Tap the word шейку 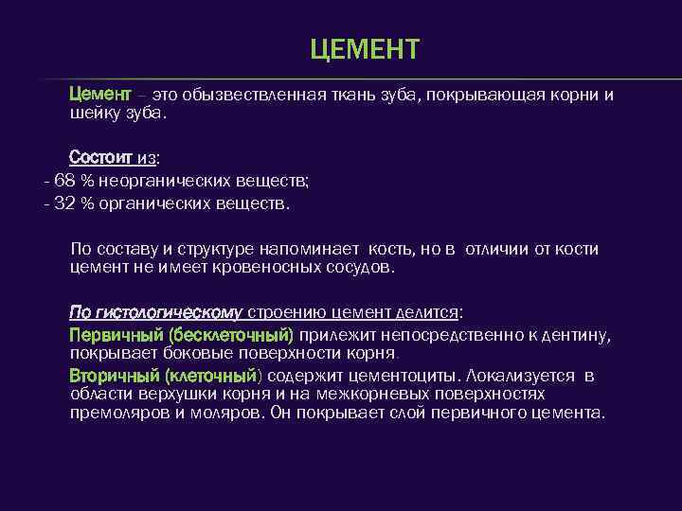pos(94,113)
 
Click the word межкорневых pos(380,395)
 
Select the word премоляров pos(118,414)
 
